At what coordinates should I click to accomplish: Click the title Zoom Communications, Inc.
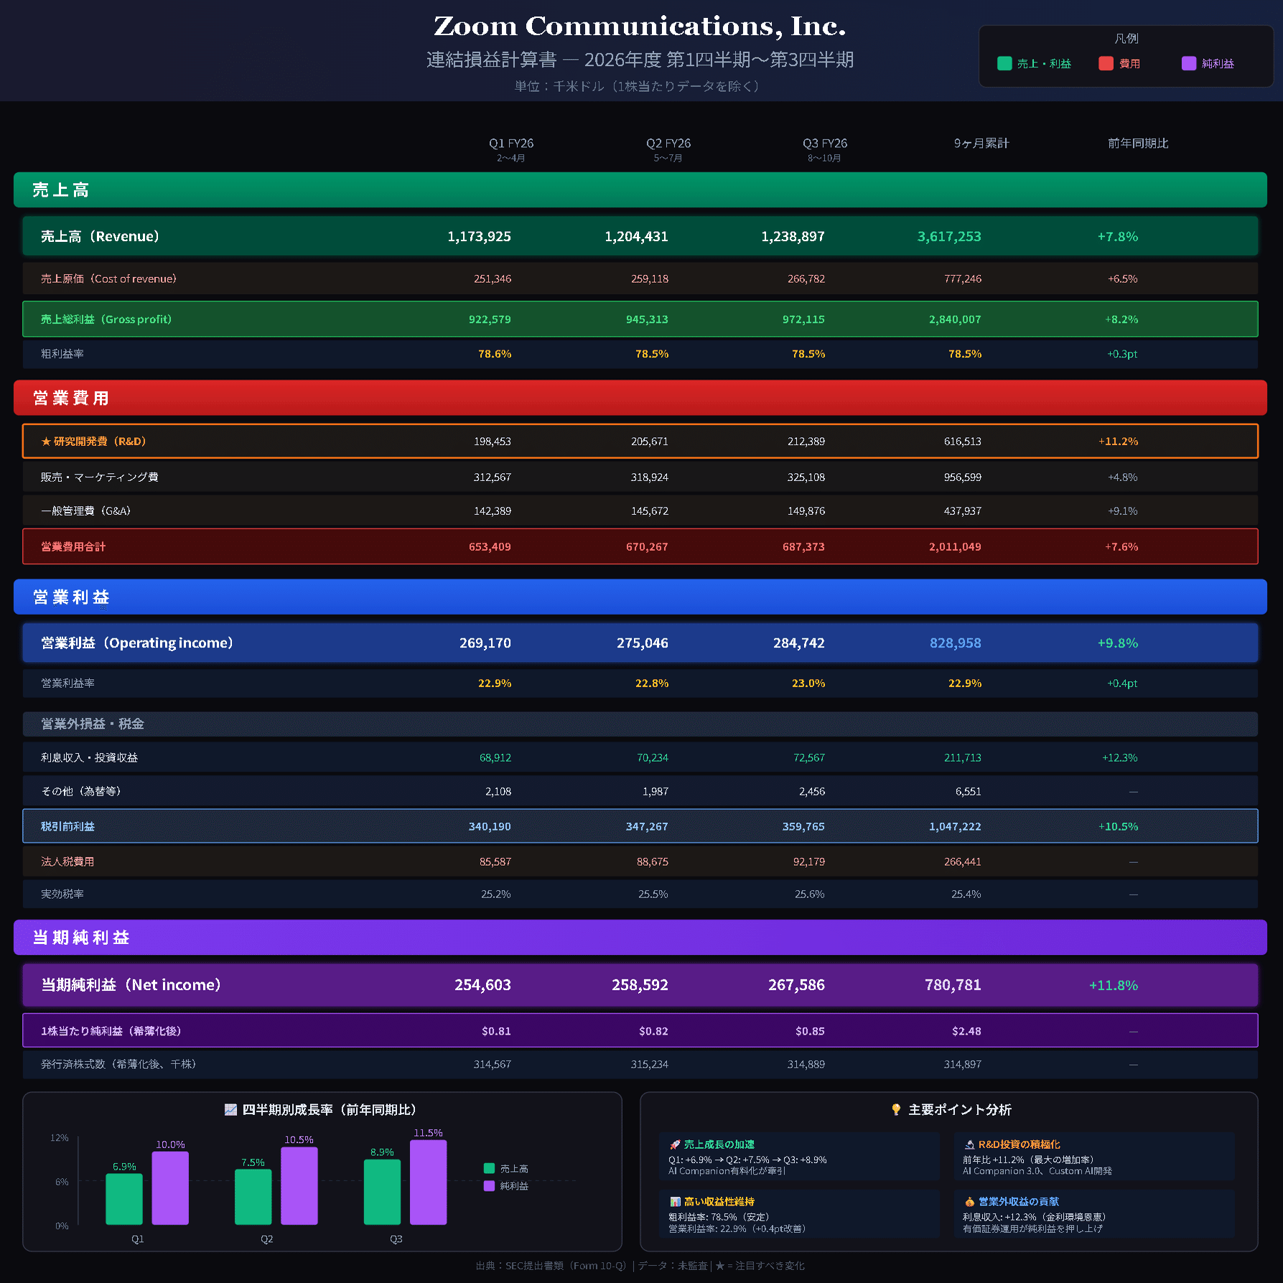point(640,27)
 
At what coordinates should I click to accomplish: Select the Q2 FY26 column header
point(668,144)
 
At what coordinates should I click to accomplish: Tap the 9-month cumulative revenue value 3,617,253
point(948,236)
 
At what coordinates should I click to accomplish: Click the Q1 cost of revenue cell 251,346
point(492,279)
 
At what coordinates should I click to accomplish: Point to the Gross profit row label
point(106,319)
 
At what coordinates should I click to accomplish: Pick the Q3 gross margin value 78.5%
point(808,354)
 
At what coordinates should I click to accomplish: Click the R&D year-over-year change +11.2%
point(1117,441)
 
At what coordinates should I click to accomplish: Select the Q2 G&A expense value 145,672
point(649,510)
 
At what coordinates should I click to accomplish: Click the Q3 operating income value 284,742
point(798,643)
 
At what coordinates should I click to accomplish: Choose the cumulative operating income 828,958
point(955,643)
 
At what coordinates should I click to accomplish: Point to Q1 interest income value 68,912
point(495,757)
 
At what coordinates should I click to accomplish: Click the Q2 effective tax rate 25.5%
point(653,894)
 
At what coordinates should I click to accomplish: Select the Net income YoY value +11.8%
point(1113,985)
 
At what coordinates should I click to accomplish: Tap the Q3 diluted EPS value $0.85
point(809,1031)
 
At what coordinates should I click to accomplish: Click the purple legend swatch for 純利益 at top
point(1188,63)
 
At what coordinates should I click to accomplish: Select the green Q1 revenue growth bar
point(124,1198)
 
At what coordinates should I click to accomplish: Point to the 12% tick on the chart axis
point(60,1138)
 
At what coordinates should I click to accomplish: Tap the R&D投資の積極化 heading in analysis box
point(1018,1144)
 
